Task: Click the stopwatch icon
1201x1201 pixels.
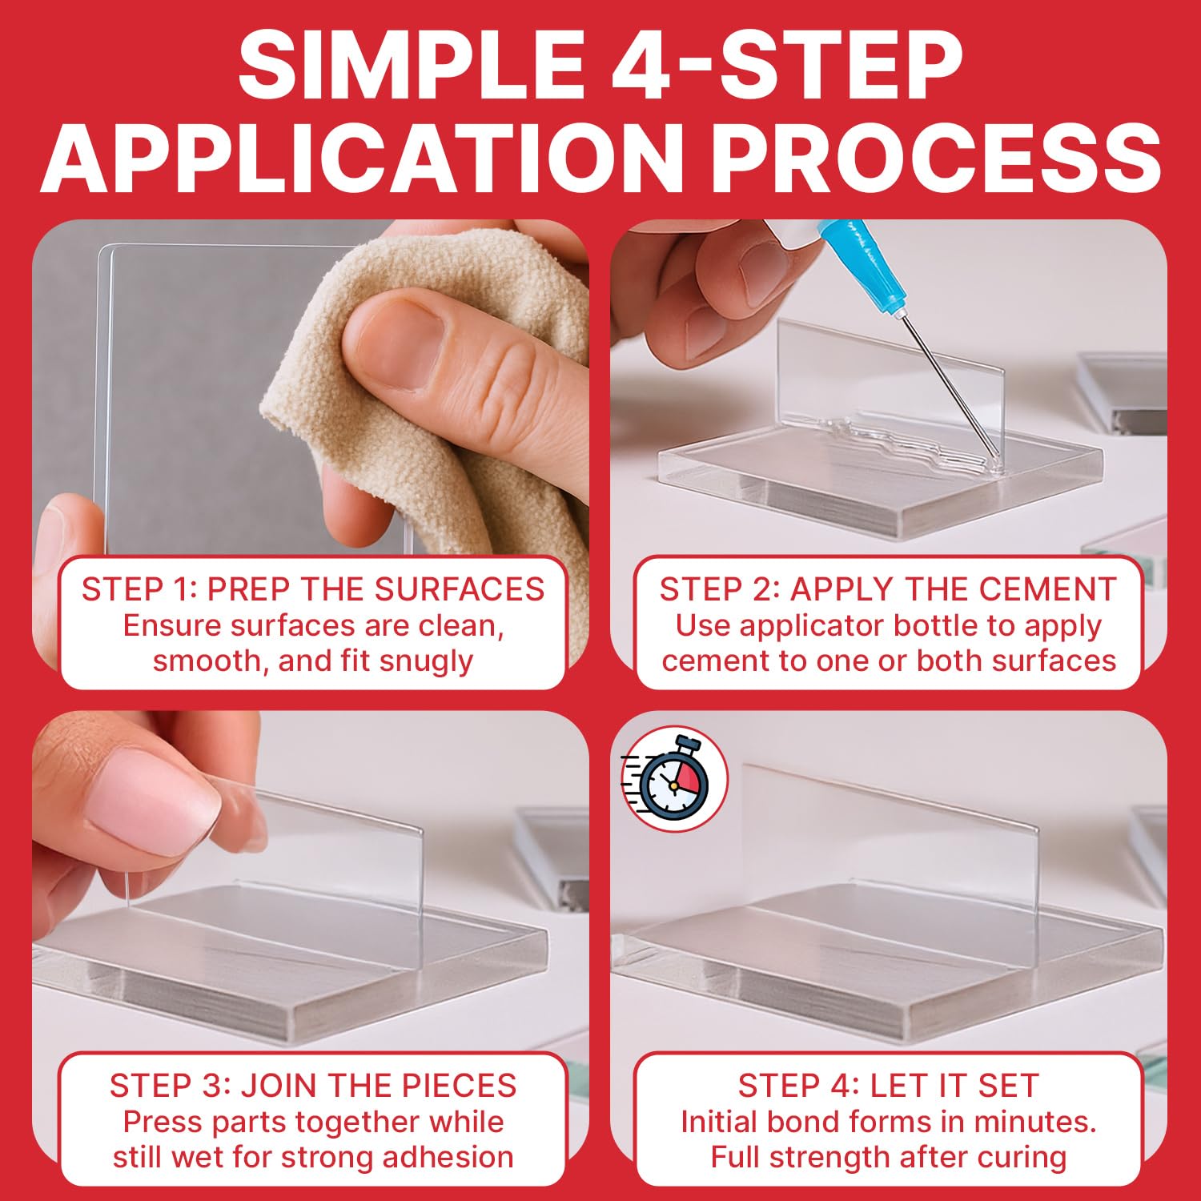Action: (x=674, y=777)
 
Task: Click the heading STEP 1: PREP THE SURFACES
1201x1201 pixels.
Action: (x=313, y=589)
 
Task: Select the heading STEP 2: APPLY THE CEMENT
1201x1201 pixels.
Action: (x=888, y=589)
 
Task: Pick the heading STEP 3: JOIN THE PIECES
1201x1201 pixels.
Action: (x=313, y=1086)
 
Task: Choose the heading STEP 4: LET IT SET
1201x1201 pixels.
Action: (x=888, y=1086)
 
